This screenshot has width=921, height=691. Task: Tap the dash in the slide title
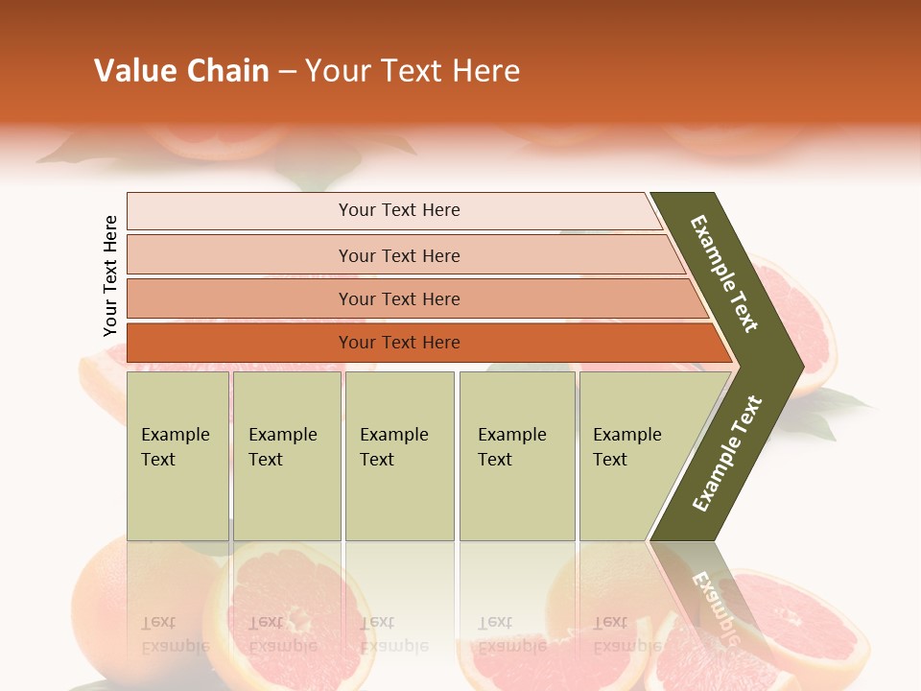click(287, 72)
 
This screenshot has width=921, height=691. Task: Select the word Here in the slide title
click(485, 71)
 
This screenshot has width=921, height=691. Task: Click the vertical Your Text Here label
click(110, 275)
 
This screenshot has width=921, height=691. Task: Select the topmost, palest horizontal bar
click(393, 210)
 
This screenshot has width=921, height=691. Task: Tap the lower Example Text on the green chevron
click(727, 454)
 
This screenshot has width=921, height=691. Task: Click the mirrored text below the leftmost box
click(175, 633)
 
